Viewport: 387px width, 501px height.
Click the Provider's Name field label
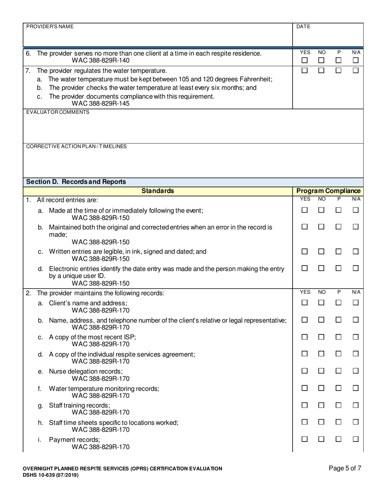[x=50, y=26]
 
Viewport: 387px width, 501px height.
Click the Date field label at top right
[x=303, y=26]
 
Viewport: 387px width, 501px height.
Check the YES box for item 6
[x=304, y=60]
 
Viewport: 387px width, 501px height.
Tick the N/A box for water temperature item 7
[x=356, y=70]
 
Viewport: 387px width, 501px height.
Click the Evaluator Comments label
[x=58, y=112]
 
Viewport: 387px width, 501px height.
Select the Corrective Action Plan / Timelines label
[x=76, y=146]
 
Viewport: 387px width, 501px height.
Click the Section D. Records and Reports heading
[x=76, y=182]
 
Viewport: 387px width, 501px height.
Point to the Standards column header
[x=158, y=191]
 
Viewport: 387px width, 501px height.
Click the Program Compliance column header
[x=328, y=191]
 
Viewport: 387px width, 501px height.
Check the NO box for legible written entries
[x=321, y=252]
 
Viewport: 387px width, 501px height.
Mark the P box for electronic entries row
[x=338, y=268]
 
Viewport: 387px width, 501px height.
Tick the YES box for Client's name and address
[x=304, y=303]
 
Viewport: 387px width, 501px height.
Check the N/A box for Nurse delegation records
[x=356, y=371]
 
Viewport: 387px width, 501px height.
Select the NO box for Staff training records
[x=321, y=405]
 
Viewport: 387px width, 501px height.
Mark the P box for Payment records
[x=338, y=439]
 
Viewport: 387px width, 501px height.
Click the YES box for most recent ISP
[x=304, y=337]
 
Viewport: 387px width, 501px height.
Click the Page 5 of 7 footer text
[x=345, y=468]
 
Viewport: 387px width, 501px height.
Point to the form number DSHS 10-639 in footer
[x=51, y=475]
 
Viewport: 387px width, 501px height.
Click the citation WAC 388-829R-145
[x=101, y=103]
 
